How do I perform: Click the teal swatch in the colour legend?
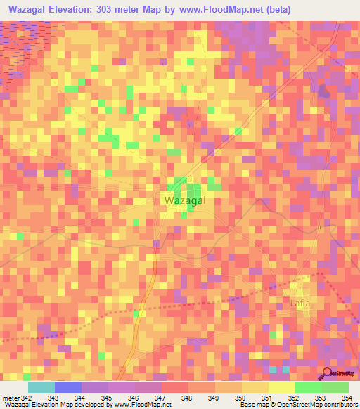pyautogui.click(x=41, y=387)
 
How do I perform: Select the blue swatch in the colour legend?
pyautogui.click(x=67, y=387)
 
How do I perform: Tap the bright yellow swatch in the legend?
pyautogui.click(x=281, y=387)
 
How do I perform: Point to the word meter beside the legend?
pyautogui.click(x=11, y=398)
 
